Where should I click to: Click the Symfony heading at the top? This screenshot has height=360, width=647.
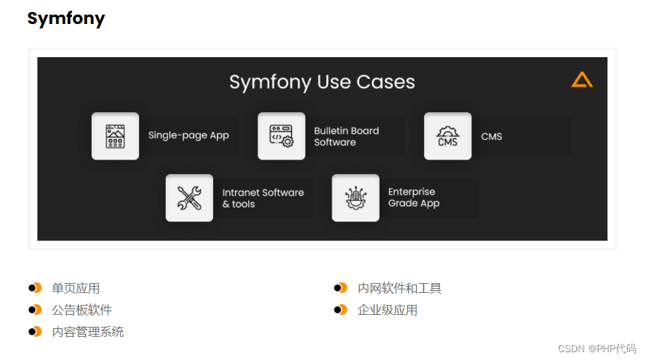(x=66, y=19)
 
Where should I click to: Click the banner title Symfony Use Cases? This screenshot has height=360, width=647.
(x=322, y=82)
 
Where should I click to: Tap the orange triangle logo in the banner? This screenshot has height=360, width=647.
(x=581, y=80)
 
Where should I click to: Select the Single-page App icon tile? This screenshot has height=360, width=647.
(x=115, y=136)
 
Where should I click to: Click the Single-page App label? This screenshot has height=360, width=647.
(x=188, y=136)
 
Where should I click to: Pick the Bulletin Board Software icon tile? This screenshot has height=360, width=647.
(x=282, y=136)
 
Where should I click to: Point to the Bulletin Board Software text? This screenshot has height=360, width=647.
(x=346, y=136)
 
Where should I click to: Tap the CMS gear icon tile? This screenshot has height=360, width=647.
(x=447, y=136)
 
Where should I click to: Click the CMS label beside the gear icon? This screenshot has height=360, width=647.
(x=491, y=136)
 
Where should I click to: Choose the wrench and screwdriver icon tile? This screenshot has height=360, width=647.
(x=189, y=198)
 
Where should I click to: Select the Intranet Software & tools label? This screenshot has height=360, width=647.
(x=262, y=198)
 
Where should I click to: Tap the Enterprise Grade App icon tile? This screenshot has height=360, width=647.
(x=356, y=198)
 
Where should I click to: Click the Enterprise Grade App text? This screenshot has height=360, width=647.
(x=413, y=198)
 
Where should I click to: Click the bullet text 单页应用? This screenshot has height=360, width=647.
(x=75, y=288)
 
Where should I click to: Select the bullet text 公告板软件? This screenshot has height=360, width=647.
(x=82, y=310)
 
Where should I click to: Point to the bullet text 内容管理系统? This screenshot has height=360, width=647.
(x=87, y=332)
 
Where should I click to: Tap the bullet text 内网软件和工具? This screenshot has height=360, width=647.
(x=399, y=288)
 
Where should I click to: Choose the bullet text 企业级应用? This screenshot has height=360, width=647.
(x=387, y=310)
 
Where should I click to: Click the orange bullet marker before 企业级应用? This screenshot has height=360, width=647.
(x=341, y=310)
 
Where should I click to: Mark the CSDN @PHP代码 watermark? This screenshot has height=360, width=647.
(x=596, y=349)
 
